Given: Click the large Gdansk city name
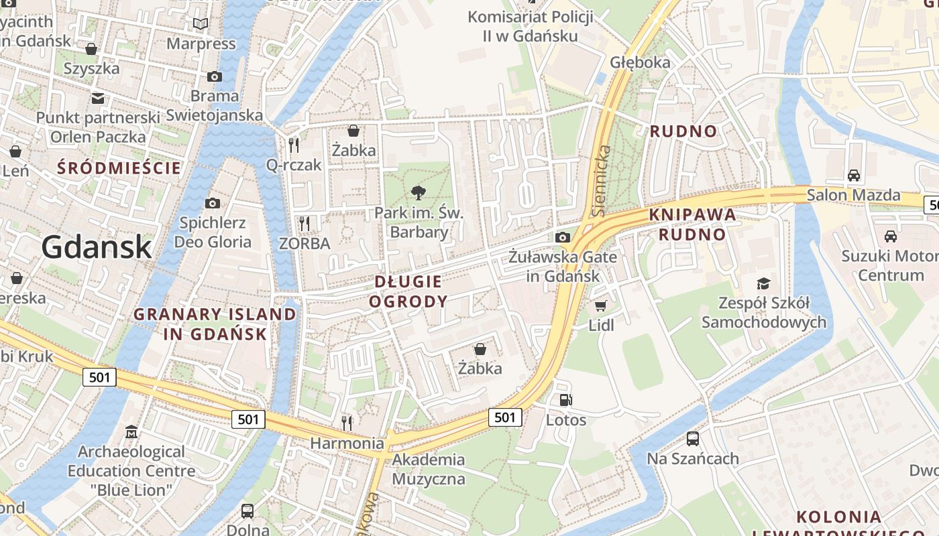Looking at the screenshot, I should point(97,247).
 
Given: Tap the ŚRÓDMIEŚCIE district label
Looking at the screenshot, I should point(119,167).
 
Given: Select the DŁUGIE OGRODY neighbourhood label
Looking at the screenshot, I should point(408,291).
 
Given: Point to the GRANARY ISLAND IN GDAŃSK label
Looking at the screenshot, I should point(215,324).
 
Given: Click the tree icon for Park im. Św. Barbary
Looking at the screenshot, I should point(419,194).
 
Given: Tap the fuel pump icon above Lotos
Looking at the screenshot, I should point(566,400).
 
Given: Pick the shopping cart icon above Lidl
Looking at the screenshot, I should point(600,306).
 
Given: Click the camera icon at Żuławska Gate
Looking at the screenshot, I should point(563,237).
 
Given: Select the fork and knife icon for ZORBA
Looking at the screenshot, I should point(305,223).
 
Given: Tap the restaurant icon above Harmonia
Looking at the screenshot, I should point(346,423).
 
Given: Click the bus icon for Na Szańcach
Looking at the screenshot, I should point(693,439).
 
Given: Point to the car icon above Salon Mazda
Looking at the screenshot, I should point(853,176).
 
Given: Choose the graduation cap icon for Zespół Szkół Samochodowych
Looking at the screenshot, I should point(763,283).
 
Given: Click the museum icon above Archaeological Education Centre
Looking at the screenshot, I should point(131,431).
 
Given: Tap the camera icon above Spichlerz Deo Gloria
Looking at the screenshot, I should point(213,203).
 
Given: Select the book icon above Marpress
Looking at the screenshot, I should point(201,24).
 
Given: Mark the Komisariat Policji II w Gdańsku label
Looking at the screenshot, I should point(530,26).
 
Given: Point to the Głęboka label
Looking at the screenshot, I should point(640,62).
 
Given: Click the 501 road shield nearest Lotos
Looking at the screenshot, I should point(504,417).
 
